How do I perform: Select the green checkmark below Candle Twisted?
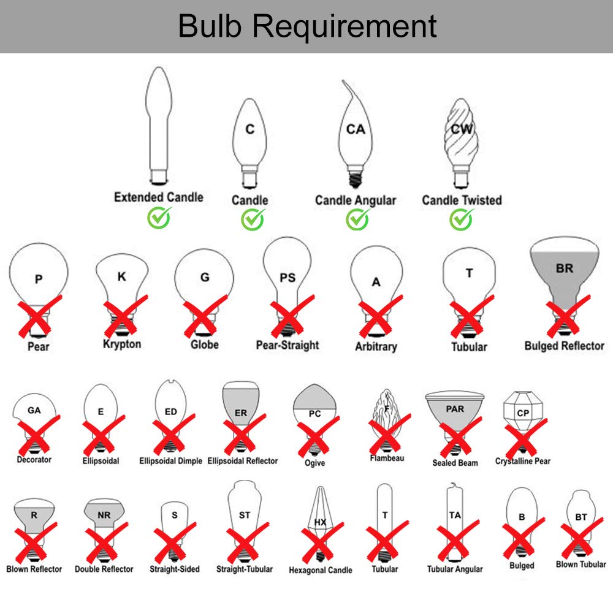(462, 218)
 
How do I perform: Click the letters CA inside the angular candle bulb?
(356, 129)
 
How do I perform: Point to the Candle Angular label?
(356, 200)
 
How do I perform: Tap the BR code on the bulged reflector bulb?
(565, 268)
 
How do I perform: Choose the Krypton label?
(122, 344)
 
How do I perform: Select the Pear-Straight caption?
(287, 345)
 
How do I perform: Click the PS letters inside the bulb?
(287, 278)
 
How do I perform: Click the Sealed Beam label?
(455, 462)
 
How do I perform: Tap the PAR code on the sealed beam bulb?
(455, 409)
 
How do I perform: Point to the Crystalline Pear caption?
(523, 461)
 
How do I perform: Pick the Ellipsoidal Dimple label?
(170, 461)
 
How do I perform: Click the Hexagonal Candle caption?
(321, 570)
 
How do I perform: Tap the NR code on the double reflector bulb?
(104, 515)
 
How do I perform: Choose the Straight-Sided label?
(175, 569)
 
